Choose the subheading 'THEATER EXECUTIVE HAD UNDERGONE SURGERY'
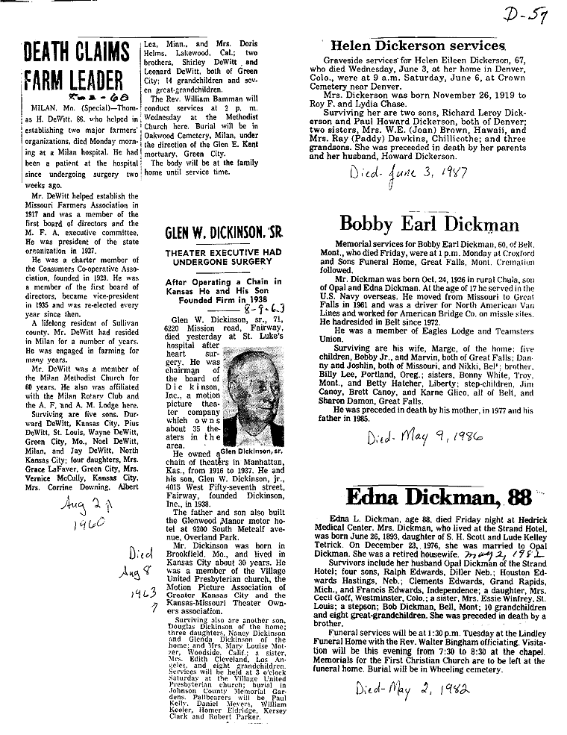coord(216,258)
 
